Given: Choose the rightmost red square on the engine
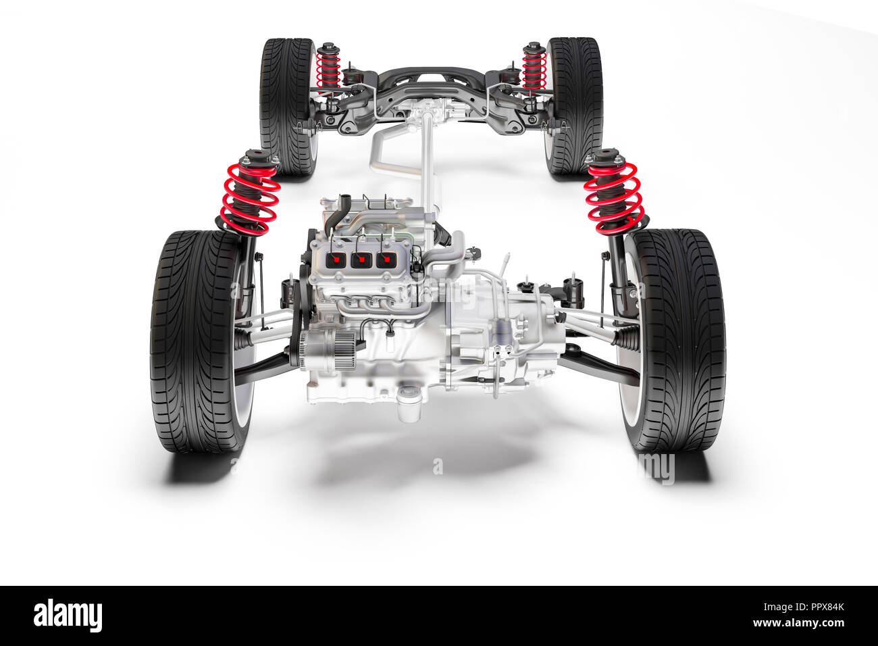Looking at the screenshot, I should [386, 260].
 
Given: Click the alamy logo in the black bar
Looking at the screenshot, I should [68, 616].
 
